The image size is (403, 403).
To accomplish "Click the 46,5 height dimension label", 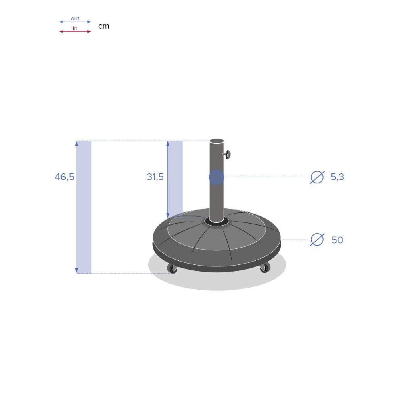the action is click(x=64, y=177).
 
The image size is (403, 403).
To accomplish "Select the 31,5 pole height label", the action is click(x=155, y=177).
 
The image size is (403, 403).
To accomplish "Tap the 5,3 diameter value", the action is click(x=337, y=177).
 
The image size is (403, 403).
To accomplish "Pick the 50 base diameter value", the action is click(x=337, y=240).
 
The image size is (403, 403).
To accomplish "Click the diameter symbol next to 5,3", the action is click(x=317, y=177).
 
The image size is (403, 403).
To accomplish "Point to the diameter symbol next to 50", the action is click(x=317, y=239).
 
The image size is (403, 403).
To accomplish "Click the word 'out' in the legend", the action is click(x=75, y=19).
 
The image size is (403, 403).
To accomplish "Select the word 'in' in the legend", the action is click(x=75, y=28).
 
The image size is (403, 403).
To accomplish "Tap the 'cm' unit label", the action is click(x=104, y=26).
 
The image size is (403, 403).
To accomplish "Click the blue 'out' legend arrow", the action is click(x=75, y=22).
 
